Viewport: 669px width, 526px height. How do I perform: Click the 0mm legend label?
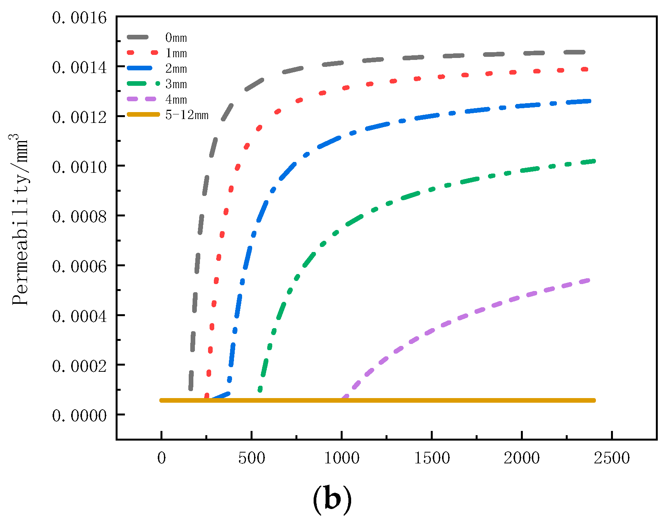tap(176, 38)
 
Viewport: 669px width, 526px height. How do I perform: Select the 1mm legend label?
tap(176, 53)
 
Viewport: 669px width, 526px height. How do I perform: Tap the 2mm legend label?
tap(176, 69)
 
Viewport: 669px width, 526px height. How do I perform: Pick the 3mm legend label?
tap(176, 84)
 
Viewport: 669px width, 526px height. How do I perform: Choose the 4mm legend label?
tap(176, 100)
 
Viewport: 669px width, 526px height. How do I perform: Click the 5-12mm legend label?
tap(187, 115)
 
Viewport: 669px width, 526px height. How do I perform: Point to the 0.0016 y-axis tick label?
tap(79, 18)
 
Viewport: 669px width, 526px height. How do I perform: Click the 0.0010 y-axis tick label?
tap(79, 167)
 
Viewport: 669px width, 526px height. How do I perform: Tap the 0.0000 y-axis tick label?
tap(79, 416)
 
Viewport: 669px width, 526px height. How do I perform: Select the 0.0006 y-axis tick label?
tap(79, 267)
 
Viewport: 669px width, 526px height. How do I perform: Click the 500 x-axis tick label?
tap(251, 458)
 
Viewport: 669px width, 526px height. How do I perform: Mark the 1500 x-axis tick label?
tap(432, 458)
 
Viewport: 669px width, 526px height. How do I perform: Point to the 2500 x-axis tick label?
tap(612, 458)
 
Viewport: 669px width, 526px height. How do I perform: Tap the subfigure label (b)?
tap(332, 500)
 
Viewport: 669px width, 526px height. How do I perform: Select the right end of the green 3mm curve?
tap(594, 161)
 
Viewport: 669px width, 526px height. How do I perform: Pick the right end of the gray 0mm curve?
tap(583, 52)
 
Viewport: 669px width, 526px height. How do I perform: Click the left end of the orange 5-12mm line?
tap(161, 400)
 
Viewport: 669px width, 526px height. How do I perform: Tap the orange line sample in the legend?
tap(143, 115)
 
